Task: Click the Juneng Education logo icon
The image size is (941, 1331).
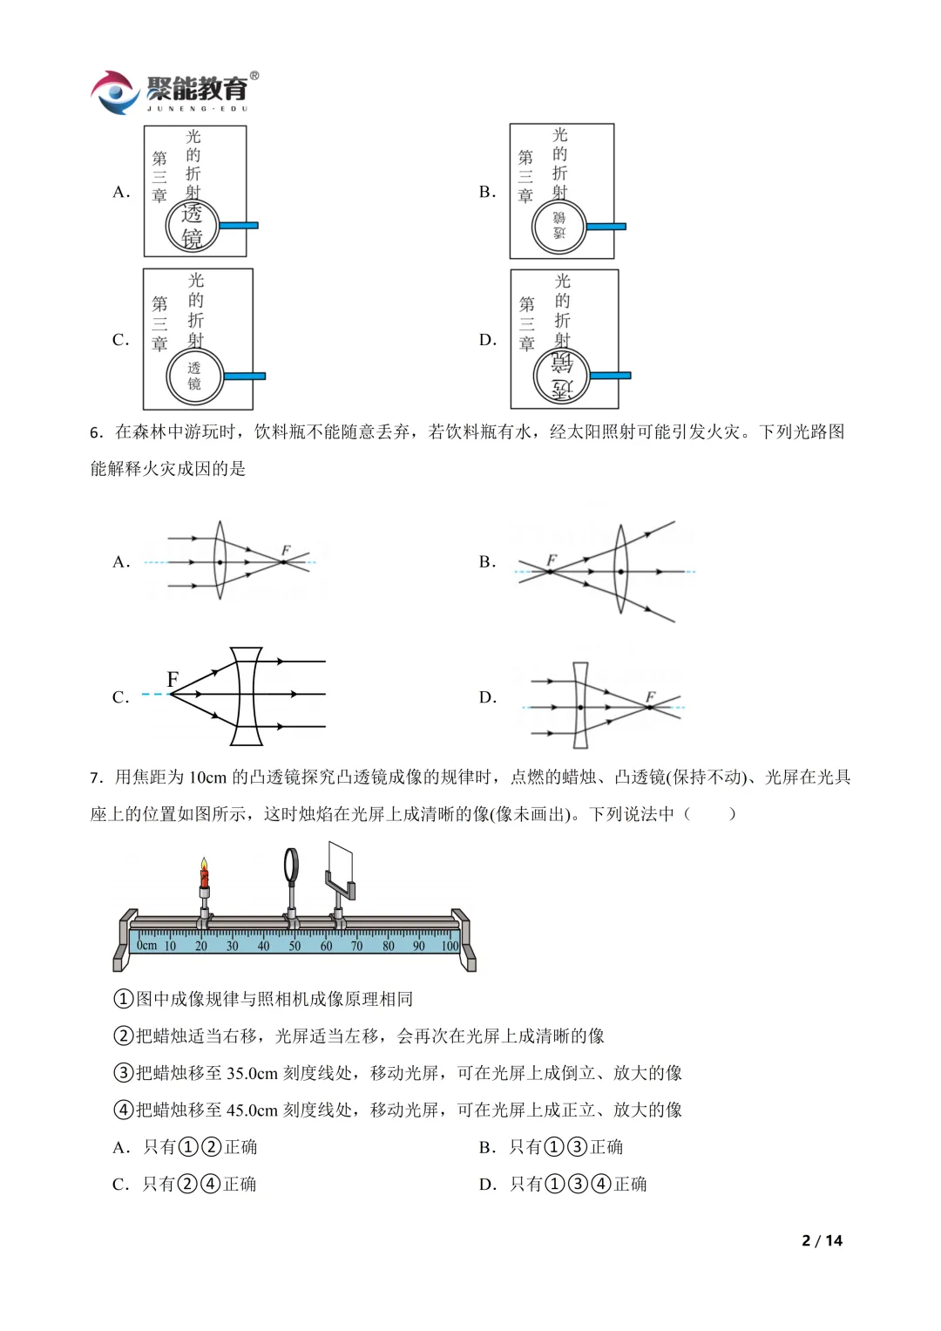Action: point(115,92)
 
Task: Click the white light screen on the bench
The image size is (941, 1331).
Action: point(341,864)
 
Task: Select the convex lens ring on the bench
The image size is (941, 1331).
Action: point(292,865)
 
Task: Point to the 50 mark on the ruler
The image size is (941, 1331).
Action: point(294,946)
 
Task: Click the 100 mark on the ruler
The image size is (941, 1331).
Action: point(450,946)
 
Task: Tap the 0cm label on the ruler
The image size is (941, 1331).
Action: point(147,945)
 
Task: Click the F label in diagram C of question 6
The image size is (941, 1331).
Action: point(173,679)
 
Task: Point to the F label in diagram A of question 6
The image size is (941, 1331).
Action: point(285,551)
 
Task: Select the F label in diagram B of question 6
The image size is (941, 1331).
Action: point(552,560)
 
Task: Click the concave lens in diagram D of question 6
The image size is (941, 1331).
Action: point(581,705)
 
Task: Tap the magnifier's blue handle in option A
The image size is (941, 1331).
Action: point(238,225)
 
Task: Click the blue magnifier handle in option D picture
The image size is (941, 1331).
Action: point(610,376)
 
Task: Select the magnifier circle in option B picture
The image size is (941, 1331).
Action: point(559,227)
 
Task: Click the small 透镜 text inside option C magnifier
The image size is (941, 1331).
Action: point(194,376)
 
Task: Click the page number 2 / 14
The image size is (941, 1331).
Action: point(822,1240)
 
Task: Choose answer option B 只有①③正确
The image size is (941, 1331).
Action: point(565,1147)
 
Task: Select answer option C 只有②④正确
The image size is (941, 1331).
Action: point(199,1184)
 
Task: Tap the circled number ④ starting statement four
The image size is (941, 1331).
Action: point(124,1110)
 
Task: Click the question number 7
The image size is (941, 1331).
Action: point(96,778)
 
